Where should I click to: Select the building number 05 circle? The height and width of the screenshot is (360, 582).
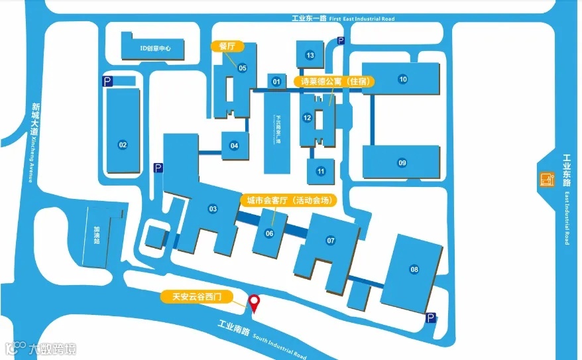(x=242, y=68)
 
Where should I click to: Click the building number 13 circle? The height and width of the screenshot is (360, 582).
(x=310, y=55)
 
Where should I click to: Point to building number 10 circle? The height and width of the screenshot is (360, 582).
(x=402, y=80)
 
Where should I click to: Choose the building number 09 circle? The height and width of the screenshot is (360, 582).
(x=402, y=162)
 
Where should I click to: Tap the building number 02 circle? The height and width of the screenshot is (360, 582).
(x=122, y=145)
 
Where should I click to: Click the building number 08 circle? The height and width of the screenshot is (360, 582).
(x=414, y=269)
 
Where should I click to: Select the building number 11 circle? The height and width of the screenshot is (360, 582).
(x=321, y=171)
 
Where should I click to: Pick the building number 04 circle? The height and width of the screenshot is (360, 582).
(x=234, y=146)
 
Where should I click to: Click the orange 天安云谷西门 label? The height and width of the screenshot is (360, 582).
(x=200, y=297)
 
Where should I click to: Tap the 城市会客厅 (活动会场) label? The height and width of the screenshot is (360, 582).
(x=288, y=200)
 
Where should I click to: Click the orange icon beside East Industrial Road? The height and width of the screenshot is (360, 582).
(x=547, y=179)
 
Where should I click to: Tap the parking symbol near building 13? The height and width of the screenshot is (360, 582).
(x=341, y=40)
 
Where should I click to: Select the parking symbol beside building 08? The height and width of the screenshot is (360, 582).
(x=431, y=319)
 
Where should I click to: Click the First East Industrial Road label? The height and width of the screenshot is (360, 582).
(x=343, y=19)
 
